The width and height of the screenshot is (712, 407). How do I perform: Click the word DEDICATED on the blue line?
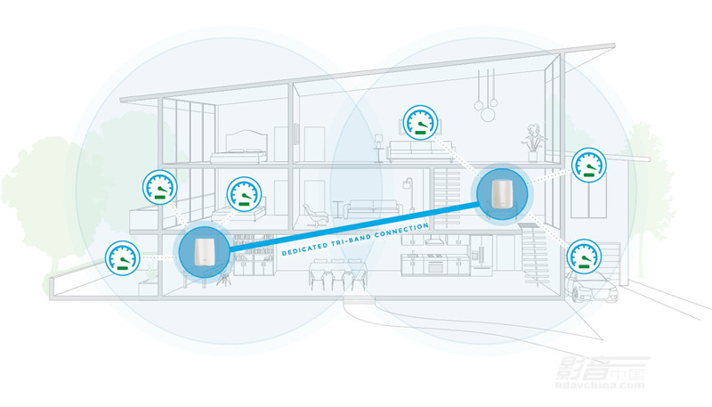coord(307,249)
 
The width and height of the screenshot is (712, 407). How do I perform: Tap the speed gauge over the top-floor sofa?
coord(419,124)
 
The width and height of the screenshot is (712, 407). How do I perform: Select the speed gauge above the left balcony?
coord(160,188)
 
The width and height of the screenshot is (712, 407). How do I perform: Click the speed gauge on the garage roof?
coord(587,166)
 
